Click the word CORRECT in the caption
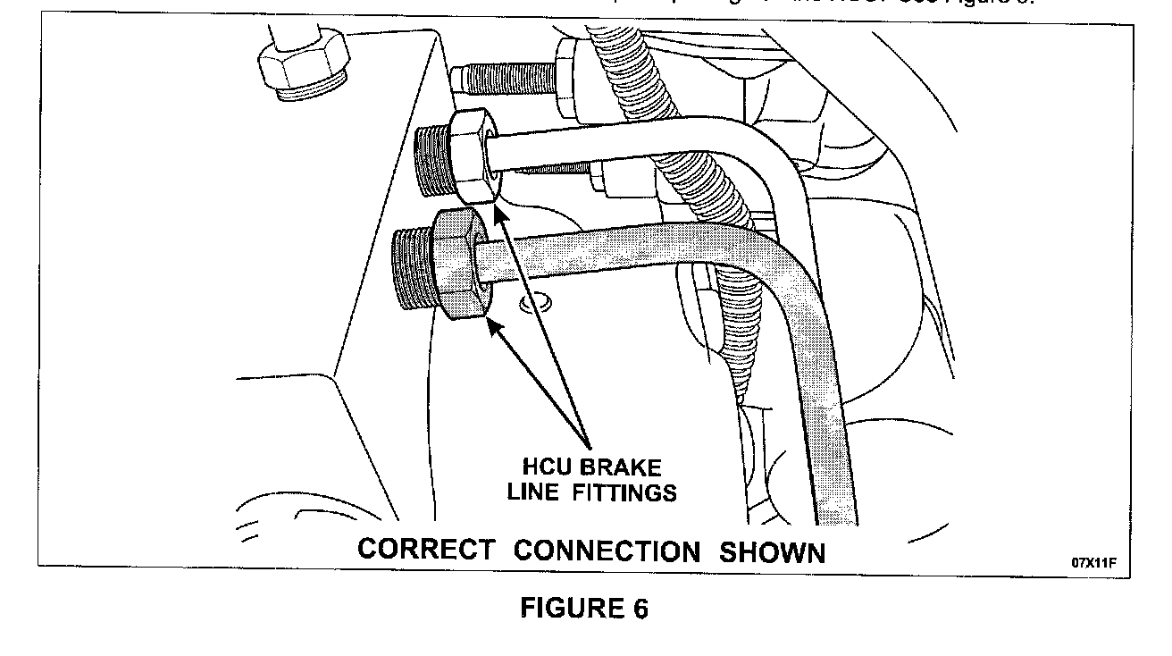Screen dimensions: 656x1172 425,549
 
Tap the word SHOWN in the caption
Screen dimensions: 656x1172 773,552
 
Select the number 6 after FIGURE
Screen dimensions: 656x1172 639,608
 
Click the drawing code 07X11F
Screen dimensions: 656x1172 1093,564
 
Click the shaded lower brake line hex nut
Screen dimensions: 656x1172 459,265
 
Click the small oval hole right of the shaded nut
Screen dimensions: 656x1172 534,305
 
